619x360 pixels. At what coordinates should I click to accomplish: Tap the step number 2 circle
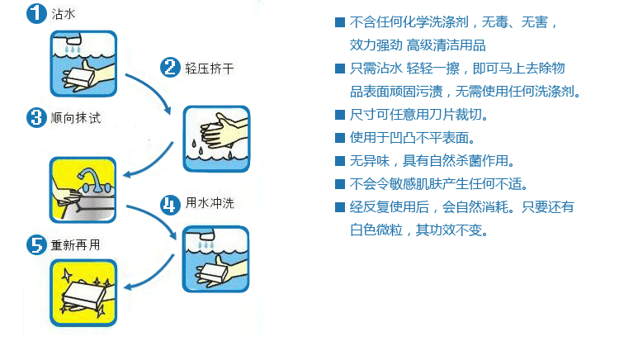point(170,68)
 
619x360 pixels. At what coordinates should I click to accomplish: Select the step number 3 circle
point(35,117)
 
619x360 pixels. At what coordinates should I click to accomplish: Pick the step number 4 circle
point(170,204)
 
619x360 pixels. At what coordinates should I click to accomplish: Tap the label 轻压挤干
point(204,69)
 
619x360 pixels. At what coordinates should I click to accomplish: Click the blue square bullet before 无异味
point(339,160)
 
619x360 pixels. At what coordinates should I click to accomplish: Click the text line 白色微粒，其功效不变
point(419,230)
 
